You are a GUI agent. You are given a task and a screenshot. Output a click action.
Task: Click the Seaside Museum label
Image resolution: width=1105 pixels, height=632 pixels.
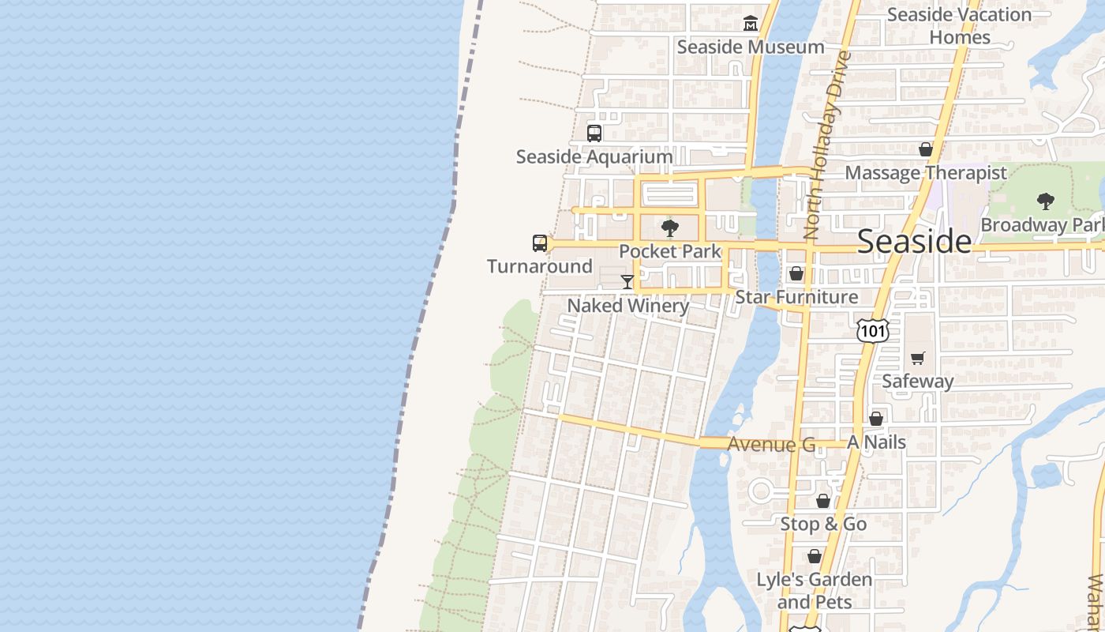point(750,47)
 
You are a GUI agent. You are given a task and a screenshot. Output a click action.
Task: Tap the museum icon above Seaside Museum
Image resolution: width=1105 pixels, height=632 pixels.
point(750,24)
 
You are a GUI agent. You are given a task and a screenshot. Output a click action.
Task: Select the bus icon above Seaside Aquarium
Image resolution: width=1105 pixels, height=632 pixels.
point(594,134)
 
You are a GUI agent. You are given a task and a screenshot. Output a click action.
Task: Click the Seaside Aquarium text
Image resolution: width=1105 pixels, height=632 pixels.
point(594,156)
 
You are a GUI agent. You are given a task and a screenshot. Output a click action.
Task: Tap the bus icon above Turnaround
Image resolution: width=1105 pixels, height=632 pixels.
point(540,243)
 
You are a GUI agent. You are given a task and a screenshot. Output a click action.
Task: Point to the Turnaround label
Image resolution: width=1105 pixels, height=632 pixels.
point(540,266)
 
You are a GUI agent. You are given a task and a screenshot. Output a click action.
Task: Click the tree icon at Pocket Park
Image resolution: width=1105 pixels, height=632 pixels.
point(670,228)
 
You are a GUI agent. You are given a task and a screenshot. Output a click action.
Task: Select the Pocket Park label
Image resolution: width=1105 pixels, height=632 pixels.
point(670,251)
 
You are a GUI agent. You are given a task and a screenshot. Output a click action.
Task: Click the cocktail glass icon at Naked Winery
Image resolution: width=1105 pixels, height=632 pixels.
point(627,282)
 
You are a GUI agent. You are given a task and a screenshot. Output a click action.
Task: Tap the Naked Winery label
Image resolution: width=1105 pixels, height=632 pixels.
point(628,305)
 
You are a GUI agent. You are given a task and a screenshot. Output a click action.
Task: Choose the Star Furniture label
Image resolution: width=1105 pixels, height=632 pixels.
point(796,297)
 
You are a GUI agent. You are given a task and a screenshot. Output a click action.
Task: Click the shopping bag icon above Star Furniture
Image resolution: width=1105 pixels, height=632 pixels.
point(796,274)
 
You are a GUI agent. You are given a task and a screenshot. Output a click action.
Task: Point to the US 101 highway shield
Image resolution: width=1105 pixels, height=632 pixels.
point(873,329)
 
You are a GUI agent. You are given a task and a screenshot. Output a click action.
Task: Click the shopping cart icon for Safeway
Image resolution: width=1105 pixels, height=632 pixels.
point(917,358)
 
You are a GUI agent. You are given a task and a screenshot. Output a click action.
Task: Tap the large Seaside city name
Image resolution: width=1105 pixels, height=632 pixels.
point(914,241)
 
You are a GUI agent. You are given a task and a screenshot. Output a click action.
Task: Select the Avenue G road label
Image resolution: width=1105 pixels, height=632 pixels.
point(771,445)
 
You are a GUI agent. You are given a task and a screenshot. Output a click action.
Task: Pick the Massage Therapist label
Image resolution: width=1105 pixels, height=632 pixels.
point(926,172)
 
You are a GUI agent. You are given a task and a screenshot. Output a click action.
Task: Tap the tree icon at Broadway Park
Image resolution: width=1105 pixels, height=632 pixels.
point(1046,201)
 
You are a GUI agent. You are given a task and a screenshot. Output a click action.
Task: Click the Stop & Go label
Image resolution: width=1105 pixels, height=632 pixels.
point(823,524)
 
